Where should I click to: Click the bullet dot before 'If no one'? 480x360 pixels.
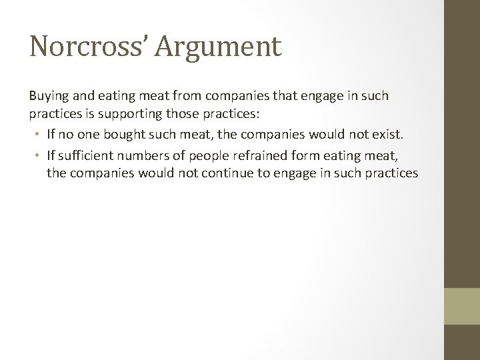point(38,135)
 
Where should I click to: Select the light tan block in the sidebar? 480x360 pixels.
point(462,306)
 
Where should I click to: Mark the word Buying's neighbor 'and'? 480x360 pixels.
point(78,96)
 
